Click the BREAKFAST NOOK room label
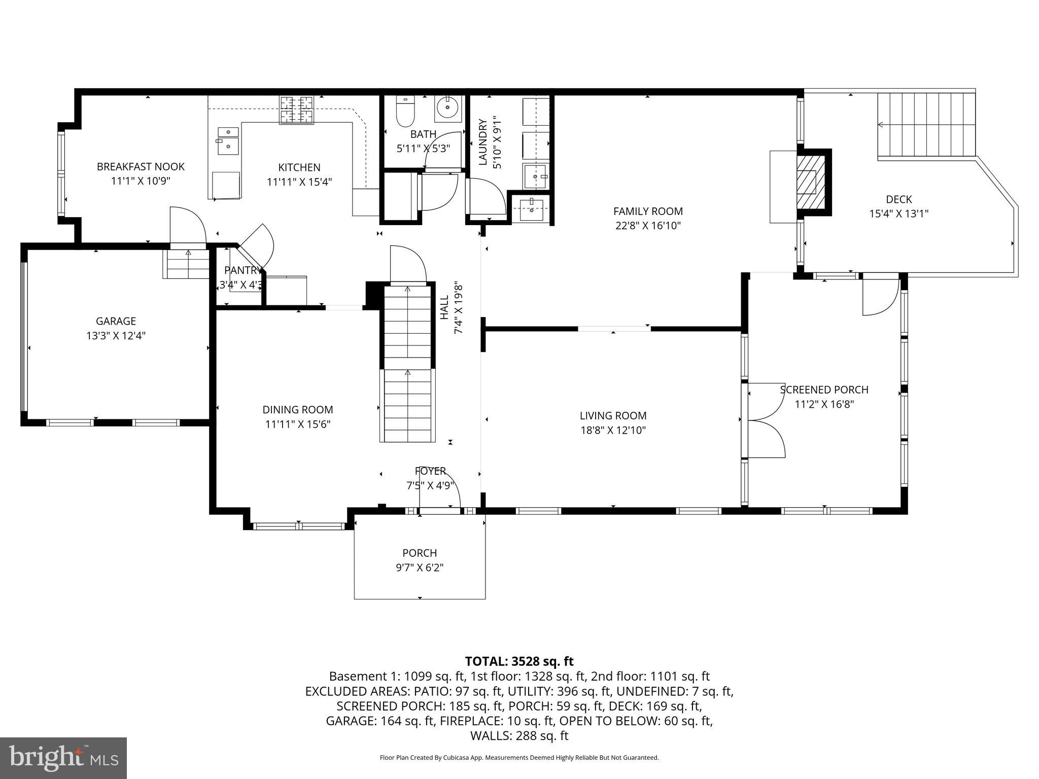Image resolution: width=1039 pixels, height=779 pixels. pos(141,167)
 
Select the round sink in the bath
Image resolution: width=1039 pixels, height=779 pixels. pos(447,108)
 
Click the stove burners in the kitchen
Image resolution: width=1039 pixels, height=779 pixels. pos(296,110)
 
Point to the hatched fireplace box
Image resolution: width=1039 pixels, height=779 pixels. pos(807,182)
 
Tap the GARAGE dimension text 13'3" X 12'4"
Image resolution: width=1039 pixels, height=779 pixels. pos(116,335)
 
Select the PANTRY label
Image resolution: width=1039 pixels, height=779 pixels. pos(243,270)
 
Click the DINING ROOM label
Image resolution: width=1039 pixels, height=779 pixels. pos(298,410)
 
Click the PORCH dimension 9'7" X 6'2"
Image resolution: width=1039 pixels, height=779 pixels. pos(420,568)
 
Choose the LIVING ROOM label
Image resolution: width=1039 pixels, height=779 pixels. pos(613,416)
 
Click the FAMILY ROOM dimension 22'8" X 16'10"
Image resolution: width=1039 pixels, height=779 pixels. pos(648,226)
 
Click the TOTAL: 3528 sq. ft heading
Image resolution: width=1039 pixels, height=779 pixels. pos(519,661)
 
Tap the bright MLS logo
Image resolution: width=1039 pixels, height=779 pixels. pos(63,758)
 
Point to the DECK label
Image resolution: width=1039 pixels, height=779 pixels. pos(898,199)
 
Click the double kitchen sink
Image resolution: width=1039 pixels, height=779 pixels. pos(228,140)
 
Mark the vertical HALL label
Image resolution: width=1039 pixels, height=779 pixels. pos(444,307)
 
